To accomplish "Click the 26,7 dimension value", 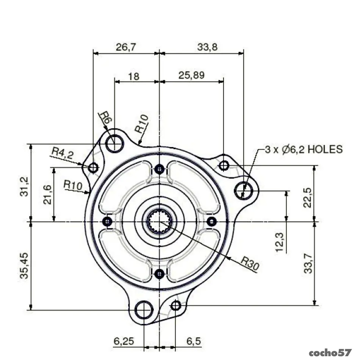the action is click(x=126, y=47).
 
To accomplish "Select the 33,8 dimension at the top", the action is click(x=207, y=47).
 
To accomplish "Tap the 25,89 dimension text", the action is click(x=191, y=75).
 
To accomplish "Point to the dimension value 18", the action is click(x=133, y=76).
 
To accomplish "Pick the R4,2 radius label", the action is click(x=63, y=153).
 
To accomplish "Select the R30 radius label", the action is click(x=250, y=263).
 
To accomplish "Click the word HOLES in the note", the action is click(x=325, y=149).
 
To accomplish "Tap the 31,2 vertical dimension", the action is click(x=24, y=186).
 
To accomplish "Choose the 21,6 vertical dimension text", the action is click(x=47, y=195).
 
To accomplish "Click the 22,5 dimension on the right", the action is click(x=307, y=198).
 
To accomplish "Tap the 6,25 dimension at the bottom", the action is click(x=124, y=341).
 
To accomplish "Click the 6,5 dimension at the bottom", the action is click(x=194, y=341).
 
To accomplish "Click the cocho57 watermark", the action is click(x=330, y=352).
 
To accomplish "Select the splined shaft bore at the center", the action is click(x=159, y=222).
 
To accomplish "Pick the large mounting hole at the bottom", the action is click(x=144, y=310).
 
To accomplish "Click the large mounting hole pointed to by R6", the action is click(x=114, y=144).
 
